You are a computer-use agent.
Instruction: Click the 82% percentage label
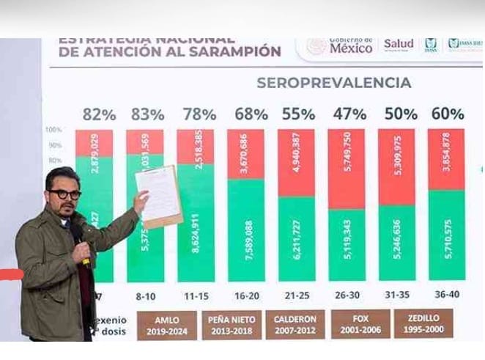(x=99, y=114)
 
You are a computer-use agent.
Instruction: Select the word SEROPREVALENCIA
(x=333, y=83)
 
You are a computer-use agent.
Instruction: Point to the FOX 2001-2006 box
(x=360, y=324)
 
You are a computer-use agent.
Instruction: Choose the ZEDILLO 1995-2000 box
(x=423, y=324)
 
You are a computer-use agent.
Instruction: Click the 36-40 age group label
(x=447, y=293)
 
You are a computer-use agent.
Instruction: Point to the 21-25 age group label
(x=296, y=293)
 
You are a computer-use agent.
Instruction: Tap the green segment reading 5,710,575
(x=446, y=235)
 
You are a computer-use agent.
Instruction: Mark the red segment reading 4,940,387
(x=296, y=162)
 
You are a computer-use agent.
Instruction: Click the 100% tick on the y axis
(x=53, y=131)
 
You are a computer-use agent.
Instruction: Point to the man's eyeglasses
(x=65, y=194)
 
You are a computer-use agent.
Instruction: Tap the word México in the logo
(x=351, y=48)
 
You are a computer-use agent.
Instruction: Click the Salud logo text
(x=399, y=45)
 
